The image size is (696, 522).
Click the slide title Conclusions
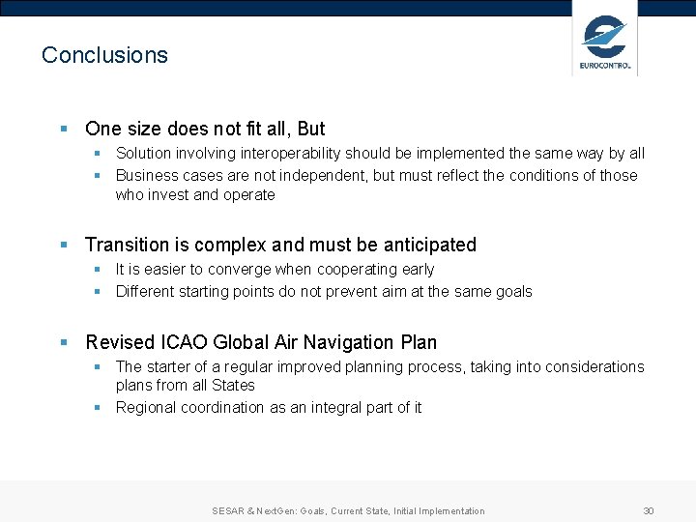click(104, 55)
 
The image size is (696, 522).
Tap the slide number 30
click(649, 510)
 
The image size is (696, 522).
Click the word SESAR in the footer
click(229, 510)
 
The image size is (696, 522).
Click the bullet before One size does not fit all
click(63, 129)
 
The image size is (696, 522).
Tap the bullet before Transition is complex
click(63, 245)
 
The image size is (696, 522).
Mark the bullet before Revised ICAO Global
click(63, 342)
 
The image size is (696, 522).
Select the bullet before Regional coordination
click(98, 407)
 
